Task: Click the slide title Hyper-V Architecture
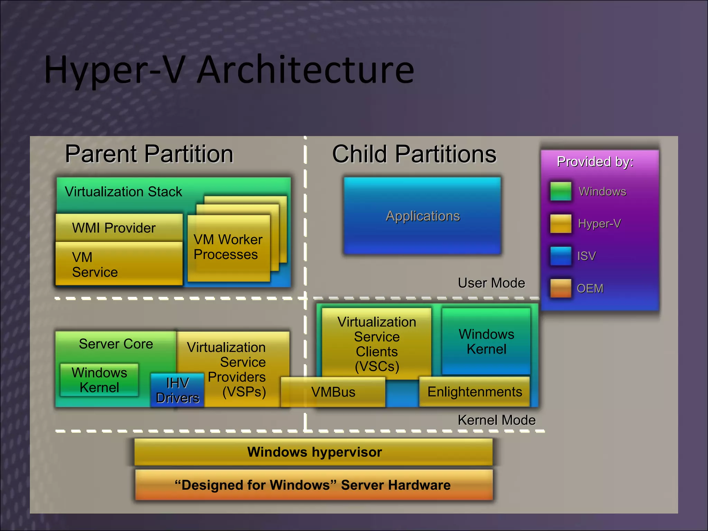pos(229,70)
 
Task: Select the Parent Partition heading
pos(149,154)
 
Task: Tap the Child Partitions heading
pos(414,154)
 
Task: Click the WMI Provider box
pos(119,227)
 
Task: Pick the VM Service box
pos(119,264)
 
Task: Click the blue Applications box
pos(422,216)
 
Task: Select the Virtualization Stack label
pos(123,192)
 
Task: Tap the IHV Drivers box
pos(177,390)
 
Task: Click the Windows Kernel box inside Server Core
pos(99,380)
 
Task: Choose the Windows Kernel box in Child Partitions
pos(486,341)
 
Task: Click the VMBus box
pos(333,392)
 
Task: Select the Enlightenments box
pos(474,392)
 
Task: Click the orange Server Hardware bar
pos(314,485)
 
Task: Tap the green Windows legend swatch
pos(560,191)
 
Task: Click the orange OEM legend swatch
pos(560,288)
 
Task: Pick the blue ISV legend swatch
pos(560,256)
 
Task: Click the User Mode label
pos(491,283)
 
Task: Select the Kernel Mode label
pos(496,420)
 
